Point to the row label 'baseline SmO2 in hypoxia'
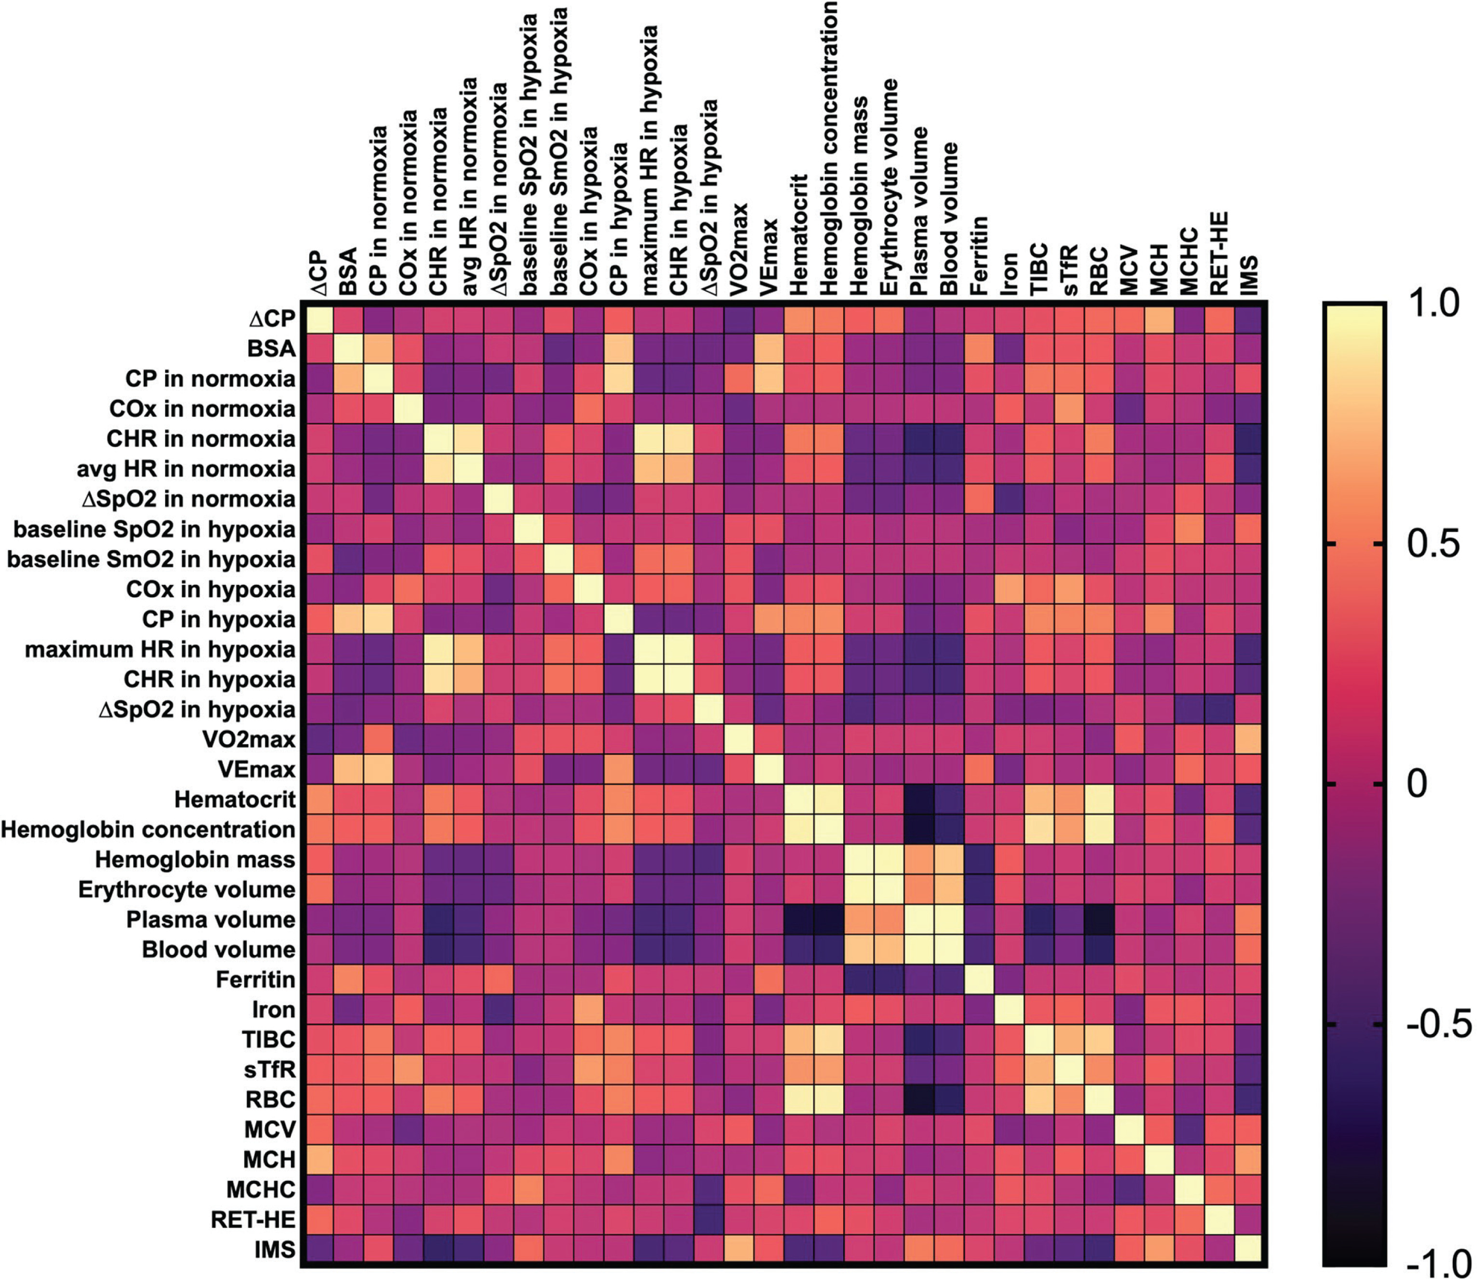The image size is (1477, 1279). click(x=151, y=559)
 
